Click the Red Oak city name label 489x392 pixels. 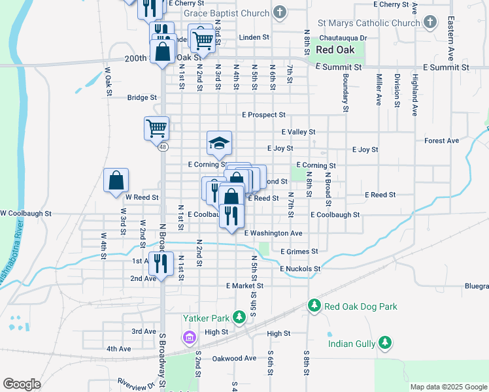pyautogui.click(x=334, y=50)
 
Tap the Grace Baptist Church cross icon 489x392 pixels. pyautogui.click(x=280, y=12)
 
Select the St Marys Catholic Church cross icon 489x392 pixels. pyautogui.click(x=430, y=23)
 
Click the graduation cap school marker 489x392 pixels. pyautogui.click(x=220, y=142)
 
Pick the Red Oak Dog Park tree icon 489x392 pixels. pyautogui.click(x=314, y=306)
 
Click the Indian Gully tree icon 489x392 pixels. pyautogui.click(x=385, y=343)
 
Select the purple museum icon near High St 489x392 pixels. pyautogui.click(x=190, y=338)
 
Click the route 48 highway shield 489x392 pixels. pyautogui.click(x=162, y=148)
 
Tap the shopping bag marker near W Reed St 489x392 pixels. pyautogui.click(x=116, y=180)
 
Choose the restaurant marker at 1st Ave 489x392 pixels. pyautogui.click(x=161, y=263)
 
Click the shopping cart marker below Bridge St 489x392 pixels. pyautogui.click(x=157, y=127)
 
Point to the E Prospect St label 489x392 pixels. pyautogui.click(x=263, y=115)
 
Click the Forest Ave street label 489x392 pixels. pyautogui.click(x=441, y=140)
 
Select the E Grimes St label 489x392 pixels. pyautogui.click(x=299, y=251)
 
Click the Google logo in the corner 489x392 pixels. pyautogui.click(x=22, y=384)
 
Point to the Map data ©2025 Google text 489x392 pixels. pyautogui.click(x=448, y=387)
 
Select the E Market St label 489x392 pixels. pyautogui.click(x=244, y=286)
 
